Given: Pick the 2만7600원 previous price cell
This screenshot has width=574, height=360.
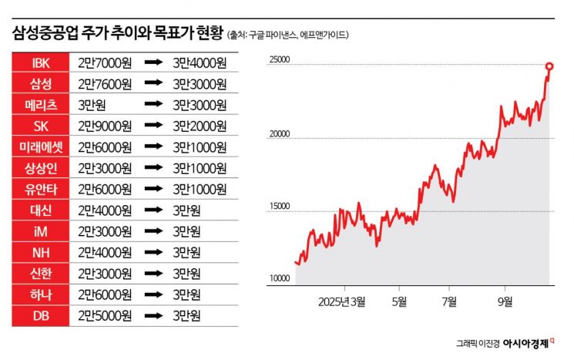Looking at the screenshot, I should click(x=105, y=82).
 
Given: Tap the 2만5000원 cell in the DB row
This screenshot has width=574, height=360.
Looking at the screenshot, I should click(x=105, y=315).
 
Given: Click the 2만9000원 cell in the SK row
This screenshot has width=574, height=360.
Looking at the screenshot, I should click(x=105, y=125).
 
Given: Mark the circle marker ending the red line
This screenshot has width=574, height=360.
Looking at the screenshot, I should click(x=549, y=66).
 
